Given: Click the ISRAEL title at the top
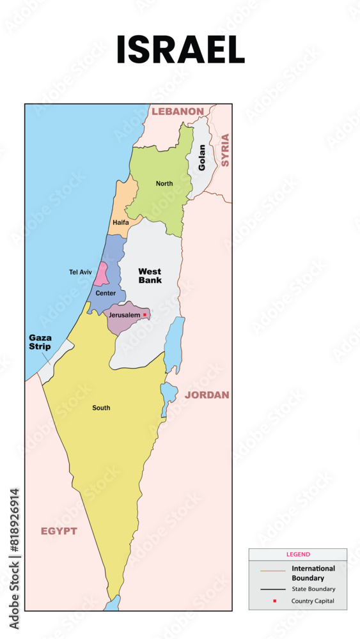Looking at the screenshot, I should [x=180, y=50].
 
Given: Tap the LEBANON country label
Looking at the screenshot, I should [x=177, y=111].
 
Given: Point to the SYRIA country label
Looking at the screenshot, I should [x=224, y=150].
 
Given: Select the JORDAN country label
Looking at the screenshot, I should [x=207, y=395].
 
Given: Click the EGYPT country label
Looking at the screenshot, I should [x=59, y=531].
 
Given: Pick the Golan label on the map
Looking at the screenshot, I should [x=202, y=157].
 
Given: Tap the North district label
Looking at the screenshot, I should [x=164, y=184].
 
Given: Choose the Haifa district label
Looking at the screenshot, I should [x=120, y=222].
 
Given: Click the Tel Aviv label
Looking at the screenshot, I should [x=81, y=272].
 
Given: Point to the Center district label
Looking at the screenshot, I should [x=106, y=293].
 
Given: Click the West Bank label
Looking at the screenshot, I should [x=150, y=275].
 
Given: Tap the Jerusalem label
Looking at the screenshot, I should [x=124, y=315].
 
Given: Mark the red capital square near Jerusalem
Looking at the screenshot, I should [x=145, y=314].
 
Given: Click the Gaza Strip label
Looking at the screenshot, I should [x=40, y=342].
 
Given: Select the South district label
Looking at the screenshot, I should [x=101, y=408].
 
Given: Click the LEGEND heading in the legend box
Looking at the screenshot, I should [x=298, y=555].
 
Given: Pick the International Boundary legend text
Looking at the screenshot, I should [x=313, y=573].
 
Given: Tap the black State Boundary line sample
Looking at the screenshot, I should [x=272, y=589].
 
